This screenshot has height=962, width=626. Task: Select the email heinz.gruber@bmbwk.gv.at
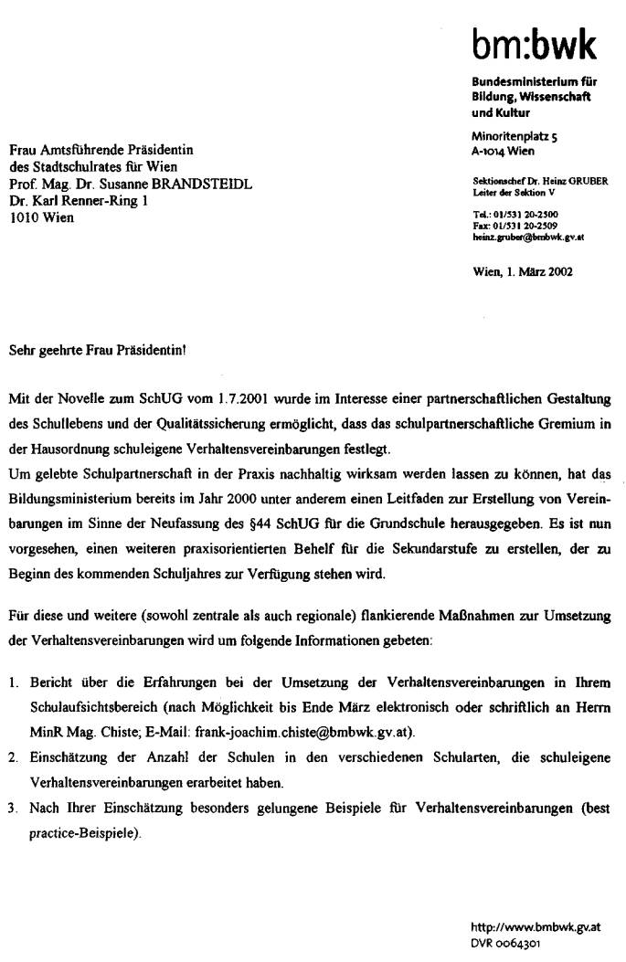click(528, 238)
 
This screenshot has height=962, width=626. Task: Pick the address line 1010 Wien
click(41, 217)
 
